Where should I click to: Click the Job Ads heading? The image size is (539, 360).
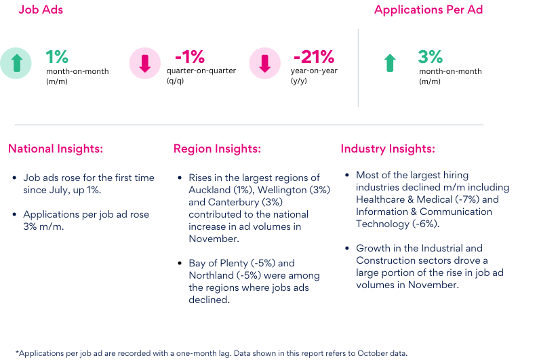point(40,10)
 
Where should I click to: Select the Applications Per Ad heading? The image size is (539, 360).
point(428,10)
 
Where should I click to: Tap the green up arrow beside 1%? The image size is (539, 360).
point(16,63)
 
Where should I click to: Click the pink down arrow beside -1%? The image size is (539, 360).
point(144,63)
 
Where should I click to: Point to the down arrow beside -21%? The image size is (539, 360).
point(265,63)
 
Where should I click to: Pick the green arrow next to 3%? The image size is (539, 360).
point(389,63)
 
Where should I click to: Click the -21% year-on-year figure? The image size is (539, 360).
point(313,56)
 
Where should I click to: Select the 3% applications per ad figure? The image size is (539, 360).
point(431,56)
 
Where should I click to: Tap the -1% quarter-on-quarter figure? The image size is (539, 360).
point(189,56)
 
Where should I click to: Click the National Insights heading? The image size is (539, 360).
point(56,149)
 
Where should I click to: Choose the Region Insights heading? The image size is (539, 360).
point(217,149)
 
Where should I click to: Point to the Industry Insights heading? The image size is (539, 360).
point(388,149)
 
